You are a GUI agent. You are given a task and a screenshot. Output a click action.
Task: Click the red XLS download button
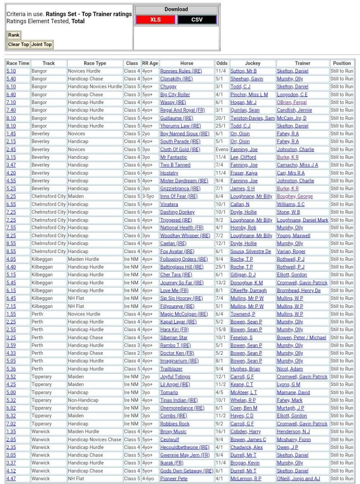click(155, 19)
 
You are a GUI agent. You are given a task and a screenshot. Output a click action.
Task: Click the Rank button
click(14, 35)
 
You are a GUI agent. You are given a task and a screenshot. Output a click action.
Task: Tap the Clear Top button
click(18, 44)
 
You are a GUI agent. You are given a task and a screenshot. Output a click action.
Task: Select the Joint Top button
click(41, 44)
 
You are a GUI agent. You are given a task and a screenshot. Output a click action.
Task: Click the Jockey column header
click(253, 63)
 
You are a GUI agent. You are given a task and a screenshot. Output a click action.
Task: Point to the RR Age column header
click(150, 63)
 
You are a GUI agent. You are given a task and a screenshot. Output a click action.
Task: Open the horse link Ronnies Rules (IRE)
click(181, 71)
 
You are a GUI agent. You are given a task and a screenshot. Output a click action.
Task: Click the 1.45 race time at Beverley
click(11, 133)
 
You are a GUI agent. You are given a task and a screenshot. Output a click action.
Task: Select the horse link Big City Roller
click(175, 94)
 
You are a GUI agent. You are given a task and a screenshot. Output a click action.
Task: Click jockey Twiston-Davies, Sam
click(252, 118)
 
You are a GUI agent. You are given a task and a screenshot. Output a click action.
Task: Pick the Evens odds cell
click(221, 149)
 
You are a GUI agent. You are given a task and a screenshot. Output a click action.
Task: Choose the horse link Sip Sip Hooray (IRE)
click(181, 298)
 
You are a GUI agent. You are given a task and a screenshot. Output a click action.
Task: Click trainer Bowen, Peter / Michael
click(301, 337)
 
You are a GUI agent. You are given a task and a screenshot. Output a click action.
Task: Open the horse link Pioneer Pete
click(174, 478)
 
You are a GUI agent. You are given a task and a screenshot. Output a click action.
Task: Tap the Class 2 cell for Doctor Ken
click(132, 353)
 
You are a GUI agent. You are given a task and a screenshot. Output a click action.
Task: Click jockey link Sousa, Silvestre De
click(251, 251)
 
